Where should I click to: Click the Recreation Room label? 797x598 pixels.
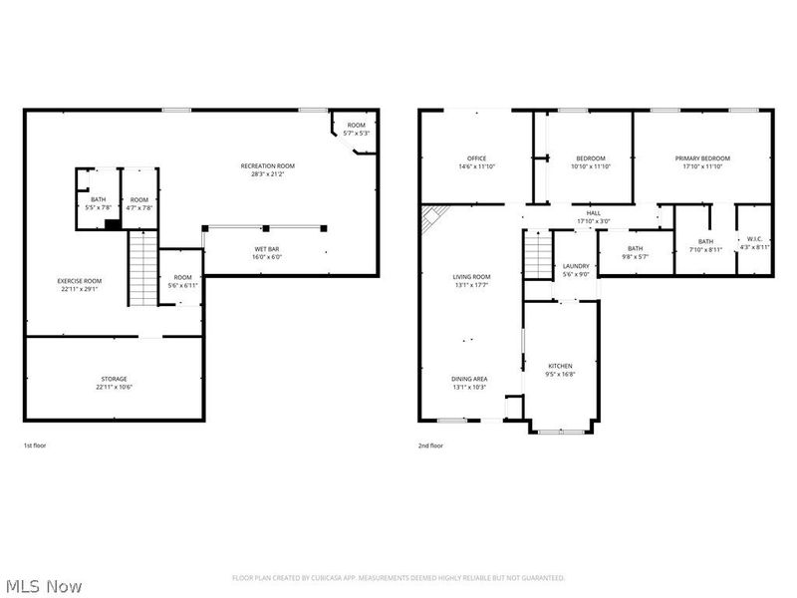[267, 165]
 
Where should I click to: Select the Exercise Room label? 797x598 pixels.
[79, 281]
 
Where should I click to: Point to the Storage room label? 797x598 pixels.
[113, 379]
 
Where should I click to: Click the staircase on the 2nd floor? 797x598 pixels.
[538, 257]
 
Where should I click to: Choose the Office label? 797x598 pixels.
[476, 158]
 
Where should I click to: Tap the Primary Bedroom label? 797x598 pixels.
[702, 158]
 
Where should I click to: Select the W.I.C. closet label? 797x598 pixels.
[754, 240]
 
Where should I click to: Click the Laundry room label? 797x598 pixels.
[576, 266]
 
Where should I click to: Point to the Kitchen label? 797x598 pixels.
[560, 366]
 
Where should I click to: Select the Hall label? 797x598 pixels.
[594, 212]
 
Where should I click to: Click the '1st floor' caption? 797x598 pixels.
[34, 446]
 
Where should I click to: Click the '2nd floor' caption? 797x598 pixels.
[429, 446]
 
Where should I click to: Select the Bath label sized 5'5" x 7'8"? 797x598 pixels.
[98, 199]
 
